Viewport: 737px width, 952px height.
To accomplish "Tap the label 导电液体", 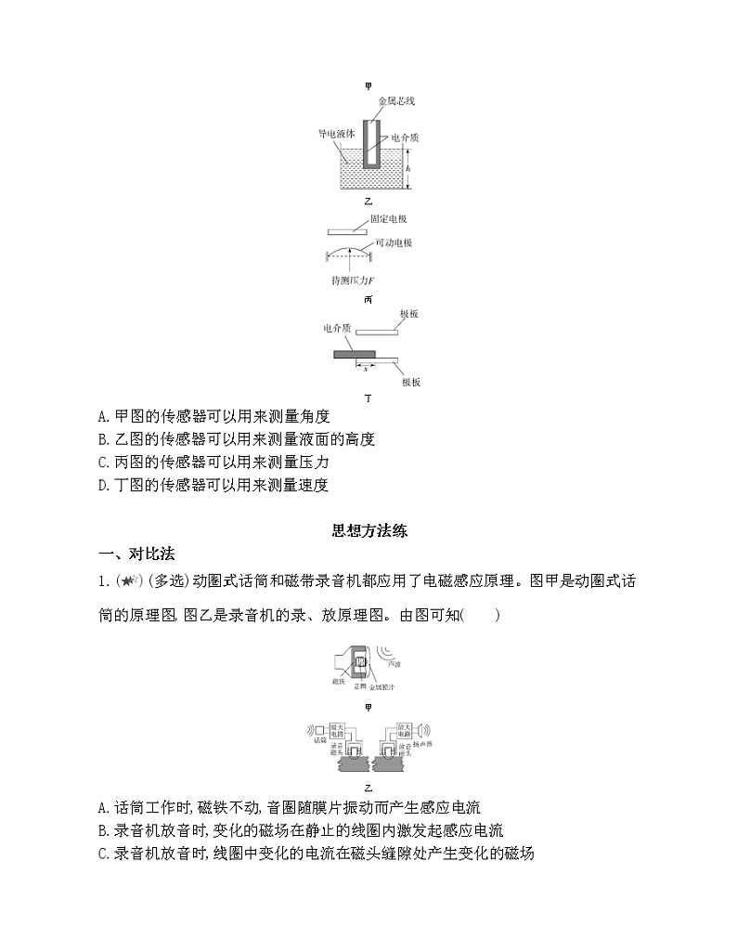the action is click(336, 134).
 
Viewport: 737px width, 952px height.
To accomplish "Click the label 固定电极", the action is click(389, 219).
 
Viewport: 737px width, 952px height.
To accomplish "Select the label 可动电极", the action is click(394, 242).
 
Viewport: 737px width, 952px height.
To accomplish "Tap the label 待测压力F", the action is click(352, 280).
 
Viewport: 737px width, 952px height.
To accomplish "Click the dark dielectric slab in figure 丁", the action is click(355, 354).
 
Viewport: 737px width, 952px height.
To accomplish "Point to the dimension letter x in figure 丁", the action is click(365, 369).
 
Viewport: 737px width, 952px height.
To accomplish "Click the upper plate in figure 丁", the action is click(377, 330).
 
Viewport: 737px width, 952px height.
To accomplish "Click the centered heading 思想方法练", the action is click(369, 531).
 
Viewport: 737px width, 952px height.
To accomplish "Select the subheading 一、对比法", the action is click(136, 554).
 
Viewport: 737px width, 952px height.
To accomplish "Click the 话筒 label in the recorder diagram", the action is click(320, 740).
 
